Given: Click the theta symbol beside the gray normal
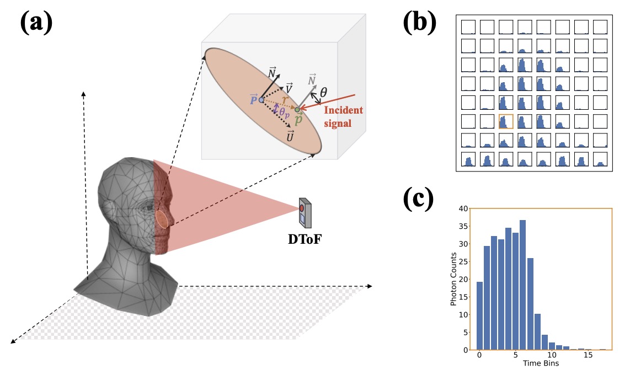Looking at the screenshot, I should pyautogui.click(x=323, y=94).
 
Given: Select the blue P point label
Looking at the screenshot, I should pyautogui.click(x=253, y=100).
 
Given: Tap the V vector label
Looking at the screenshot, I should pyautogui.click(x=289, y=88).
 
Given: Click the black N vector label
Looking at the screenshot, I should pyautogui.click(x=272, y=72).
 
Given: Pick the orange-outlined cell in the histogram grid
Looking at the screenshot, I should pyautogui.click(x=506, y=121).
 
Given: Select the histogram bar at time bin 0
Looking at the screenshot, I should pyautogui.click(x=479, y=315).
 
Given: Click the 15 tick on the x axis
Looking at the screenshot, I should pyautogui.click(x=588, y=357).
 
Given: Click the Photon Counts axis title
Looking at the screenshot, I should pyautogui.click(x=453, y=279).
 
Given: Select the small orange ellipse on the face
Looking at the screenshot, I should pyautogui.click(x=162, y=219).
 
